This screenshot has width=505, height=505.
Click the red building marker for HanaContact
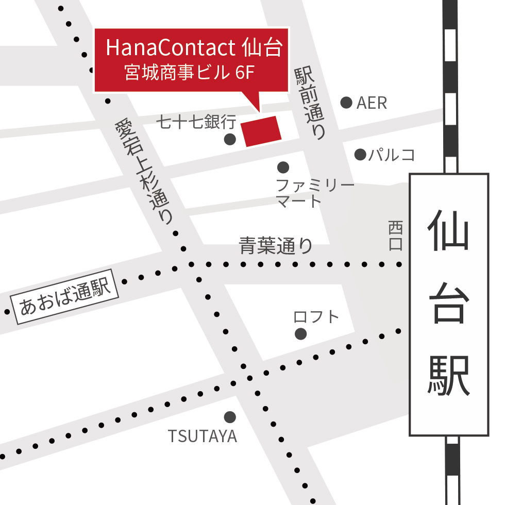tap(262, 131)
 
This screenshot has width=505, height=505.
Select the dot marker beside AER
tap(346, 103)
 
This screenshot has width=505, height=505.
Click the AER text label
tap(372, 103)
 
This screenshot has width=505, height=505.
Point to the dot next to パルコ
tap(360, 154)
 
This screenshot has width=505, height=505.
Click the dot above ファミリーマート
tap(283, 167)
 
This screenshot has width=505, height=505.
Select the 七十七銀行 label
tap(197, 122)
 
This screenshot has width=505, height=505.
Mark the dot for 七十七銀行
tap(230, 139)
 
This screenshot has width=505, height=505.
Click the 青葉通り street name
tap(276, 245)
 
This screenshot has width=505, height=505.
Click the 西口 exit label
tap(395, 235)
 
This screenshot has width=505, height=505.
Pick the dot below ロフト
tap(301, 334)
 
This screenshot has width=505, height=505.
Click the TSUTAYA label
tap(203, 436)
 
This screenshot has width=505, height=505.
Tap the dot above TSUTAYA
tap(230, 416)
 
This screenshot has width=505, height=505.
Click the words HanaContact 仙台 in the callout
tap(194, 48)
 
